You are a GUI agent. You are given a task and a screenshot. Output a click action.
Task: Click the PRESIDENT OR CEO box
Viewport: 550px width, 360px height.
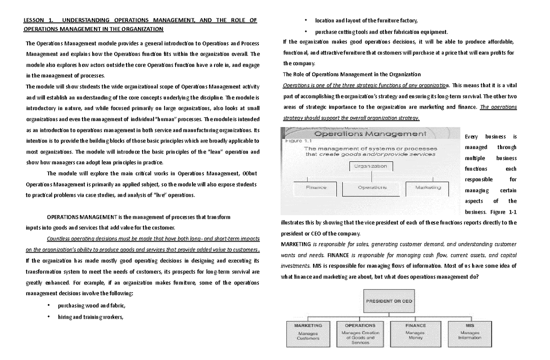[x=389, y=302]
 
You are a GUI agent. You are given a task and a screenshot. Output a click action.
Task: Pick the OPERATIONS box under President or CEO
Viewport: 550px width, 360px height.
[x=361, y=333]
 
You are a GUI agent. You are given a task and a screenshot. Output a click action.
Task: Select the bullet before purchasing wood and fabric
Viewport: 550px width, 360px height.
[x=49, y=306]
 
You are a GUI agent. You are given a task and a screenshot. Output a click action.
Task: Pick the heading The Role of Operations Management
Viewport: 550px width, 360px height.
[x=352, y=74]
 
